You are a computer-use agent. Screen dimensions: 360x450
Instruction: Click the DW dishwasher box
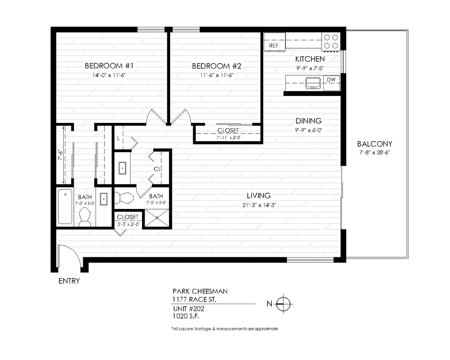point(331,80)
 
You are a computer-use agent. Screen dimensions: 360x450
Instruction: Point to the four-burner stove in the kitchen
point(331,41)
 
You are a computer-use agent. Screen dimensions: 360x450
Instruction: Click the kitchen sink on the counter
point(313,82)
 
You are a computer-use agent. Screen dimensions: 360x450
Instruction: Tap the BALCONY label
point(375,144)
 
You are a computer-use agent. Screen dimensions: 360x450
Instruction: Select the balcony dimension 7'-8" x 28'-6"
point(375,152)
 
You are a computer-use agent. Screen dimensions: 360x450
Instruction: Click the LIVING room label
point(258,196)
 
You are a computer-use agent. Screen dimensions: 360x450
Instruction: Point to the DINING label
point(308,121)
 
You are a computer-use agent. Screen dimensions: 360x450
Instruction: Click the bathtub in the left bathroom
point(65,207)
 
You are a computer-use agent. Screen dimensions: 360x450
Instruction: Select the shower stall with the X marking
point(157,218)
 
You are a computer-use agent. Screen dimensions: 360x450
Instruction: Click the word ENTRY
point(69,281)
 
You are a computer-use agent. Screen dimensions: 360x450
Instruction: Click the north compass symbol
point(283,304)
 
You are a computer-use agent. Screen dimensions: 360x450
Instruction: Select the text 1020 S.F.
point(186,316)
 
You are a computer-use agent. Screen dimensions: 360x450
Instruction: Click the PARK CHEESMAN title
point(200,291)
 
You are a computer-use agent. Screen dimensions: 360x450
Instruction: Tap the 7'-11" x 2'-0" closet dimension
point(228,137)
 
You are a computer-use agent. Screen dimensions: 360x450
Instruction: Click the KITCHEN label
point(310,59)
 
